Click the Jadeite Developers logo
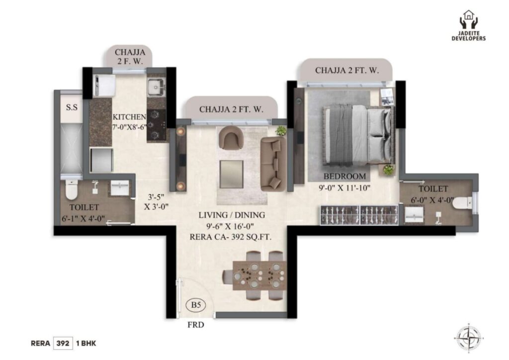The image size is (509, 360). coord(468,26)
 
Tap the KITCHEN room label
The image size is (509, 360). coord(129,117)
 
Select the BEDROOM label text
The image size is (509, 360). coord(344,176)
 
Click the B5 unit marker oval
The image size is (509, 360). coord(196,305)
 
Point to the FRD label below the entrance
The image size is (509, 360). coord(196,325)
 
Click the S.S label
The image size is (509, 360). coord(72,107)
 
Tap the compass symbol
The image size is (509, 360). coord(468,337)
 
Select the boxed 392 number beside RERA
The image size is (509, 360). coord(63,343)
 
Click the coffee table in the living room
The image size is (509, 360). coord(232,175)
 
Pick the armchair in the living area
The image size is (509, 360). coord(231,138)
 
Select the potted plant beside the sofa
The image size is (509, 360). coord(281,131)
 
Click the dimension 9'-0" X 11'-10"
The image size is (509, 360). coord(344,187)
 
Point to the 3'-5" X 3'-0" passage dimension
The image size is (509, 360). coord(156,201)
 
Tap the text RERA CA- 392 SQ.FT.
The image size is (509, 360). coord(231,237)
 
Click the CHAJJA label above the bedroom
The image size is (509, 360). coord(346,70)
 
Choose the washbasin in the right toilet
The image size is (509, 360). coord(414,215)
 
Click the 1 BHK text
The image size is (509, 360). coord(86,344)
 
